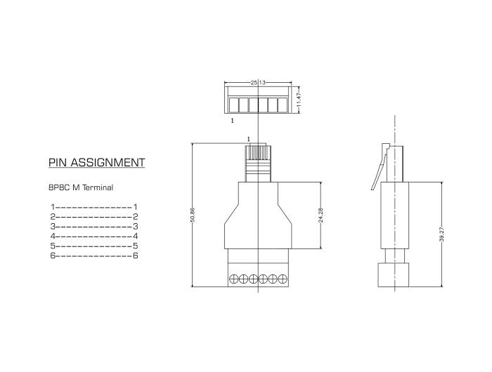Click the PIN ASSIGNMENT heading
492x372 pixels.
click(x=97, y=163)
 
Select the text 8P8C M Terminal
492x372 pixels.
click(x=81, y=187)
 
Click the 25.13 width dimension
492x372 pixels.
click(x=258, y=82)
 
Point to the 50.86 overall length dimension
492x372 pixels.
click(x=192, y=215)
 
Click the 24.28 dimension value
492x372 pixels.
click(x=321, y=215)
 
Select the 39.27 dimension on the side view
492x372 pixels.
click(x=441, y=234)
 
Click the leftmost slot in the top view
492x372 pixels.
click(x=234, y=105)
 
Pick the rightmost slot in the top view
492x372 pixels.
click(x=283, y=105)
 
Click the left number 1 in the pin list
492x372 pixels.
click(x=53, y=207)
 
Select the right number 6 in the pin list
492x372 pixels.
click(x=135, y=255)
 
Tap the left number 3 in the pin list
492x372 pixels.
click(x=53, y=227)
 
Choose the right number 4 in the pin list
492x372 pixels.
click(x=135, y=237)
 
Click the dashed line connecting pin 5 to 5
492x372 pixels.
click(x=93, y=246)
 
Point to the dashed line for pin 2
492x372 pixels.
click(x=93, y=217)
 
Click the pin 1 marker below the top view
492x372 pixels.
click(x=232, y=121)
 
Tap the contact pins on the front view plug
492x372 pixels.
click(x=258, y=152)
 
